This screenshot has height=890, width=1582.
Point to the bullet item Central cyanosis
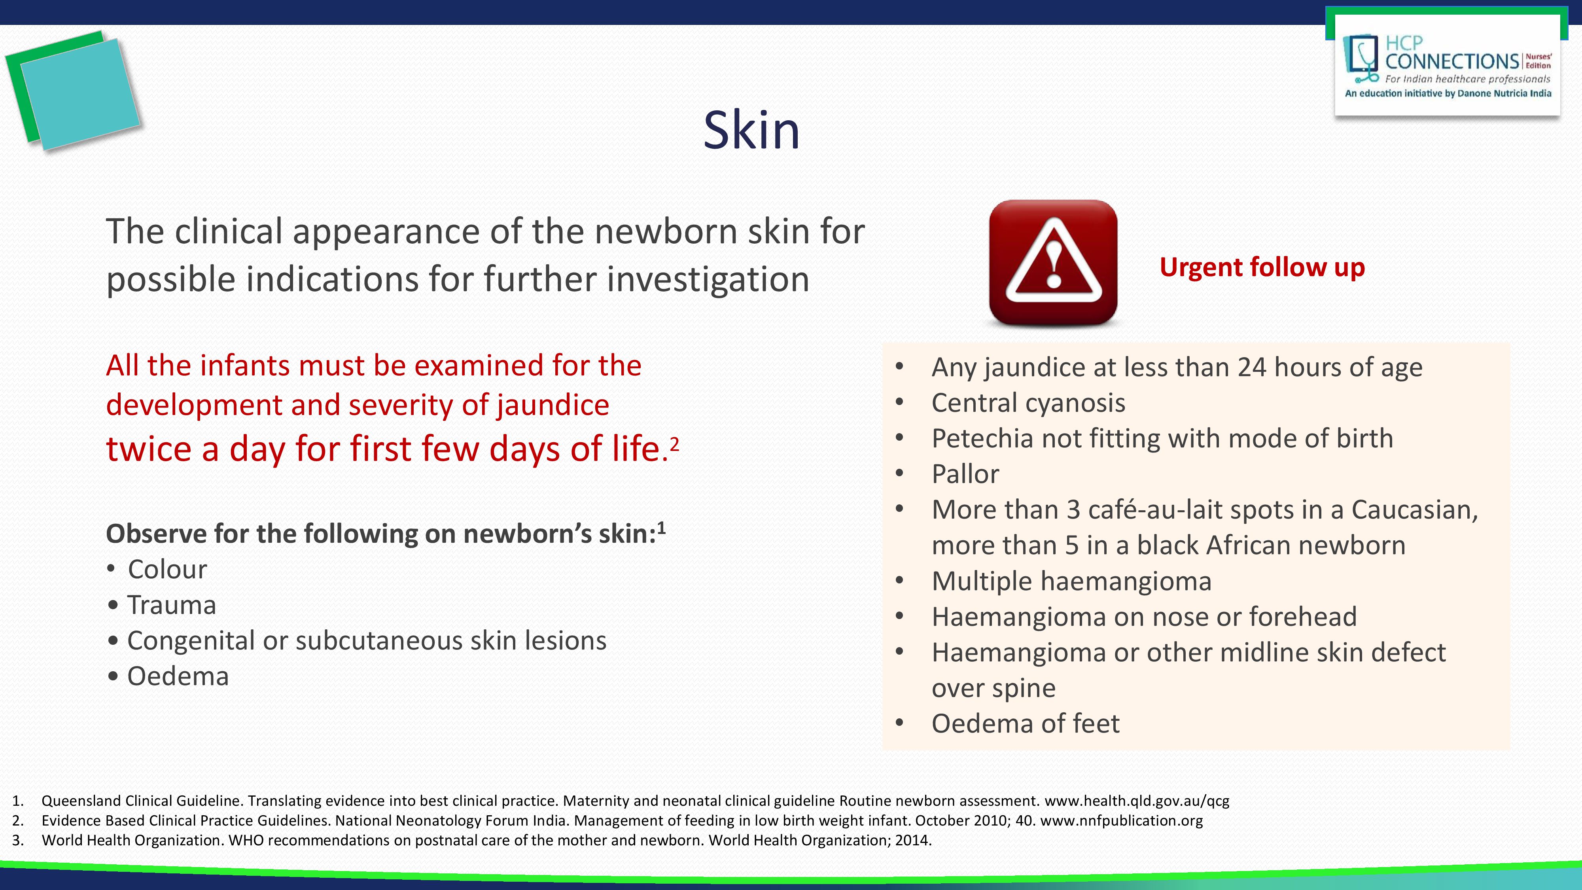coord(1028,403)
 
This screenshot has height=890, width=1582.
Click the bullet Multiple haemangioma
coord(1071,581)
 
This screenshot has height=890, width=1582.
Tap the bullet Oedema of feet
coord(1025,723)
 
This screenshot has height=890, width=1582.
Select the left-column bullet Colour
coord(167,569)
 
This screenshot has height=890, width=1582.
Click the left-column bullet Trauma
coord(171,605)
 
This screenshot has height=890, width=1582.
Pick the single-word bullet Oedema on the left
coord(178,676)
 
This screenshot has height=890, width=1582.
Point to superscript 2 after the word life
coord(674,443)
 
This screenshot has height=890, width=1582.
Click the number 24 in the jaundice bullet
coord(1252,367)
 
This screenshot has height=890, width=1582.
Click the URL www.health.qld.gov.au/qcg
coord(1137,801)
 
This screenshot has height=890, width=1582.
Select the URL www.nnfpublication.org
coord(1121,821)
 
